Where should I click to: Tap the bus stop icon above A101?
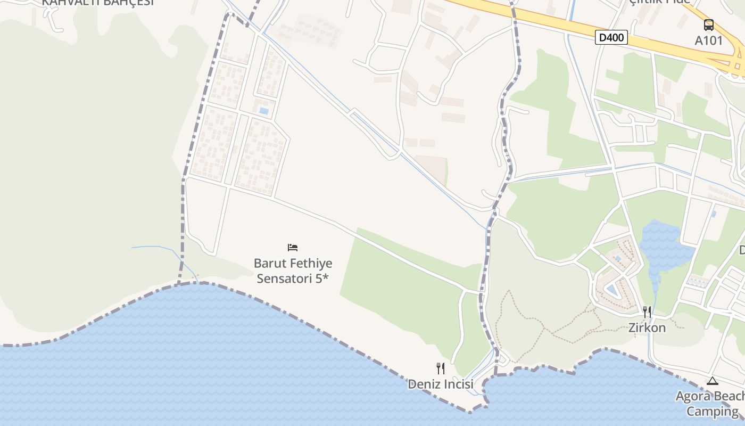click(708, 25)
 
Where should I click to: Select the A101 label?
click(709, 40)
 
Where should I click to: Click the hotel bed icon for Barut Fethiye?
click(292, 248)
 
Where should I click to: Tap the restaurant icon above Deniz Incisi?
click(441, 368)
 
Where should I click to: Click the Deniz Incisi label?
click(440, 383)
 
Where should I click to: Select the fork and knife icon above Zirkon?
click(647, 312)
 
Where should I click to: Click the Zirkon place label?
click(647, 327)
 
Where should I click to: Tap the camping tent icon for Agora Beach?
click(712, 381)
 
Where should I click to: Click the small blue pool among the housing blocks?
click(263, 111)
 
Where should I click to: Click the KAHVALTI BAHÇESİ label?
click(98, 2)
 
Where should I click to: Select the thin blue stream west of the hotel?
click(160, 248)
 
